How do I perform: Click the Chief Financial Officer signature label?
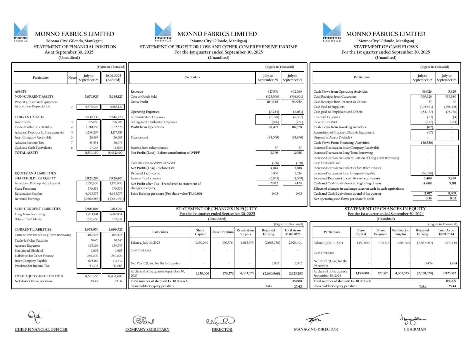click(41, 329)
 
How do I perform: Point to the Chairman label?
click(415, 329)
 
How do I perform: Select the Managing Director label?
click(316, 329)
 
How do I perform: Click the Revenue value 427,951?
click(273, 91)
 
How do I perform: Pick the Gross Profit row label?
click(139, 102)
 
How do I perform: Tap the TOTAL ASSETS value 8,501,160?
click(92, 153)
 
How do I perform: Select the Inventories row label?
click(23, 122)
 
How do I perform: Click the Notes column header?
click(72, 77)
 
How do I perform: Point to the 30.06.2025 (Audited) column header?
click(113, 78)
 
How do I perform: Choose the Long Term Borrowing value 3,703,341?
click(92, 214)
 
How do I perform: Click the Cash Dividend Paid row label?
click(327, 163)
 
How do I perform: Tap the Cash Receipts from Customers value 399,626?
click(426, 96)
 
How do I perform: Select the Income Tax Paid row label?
click(325, 122)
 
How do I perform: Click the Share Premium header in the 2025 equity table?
click(222, 232)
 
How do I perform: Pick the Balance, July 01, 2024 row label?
click(328, 243)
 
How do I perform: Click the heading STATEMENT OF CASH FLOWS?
click(385, 47)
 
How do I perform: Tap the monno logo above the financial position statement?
click(21, 32)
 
